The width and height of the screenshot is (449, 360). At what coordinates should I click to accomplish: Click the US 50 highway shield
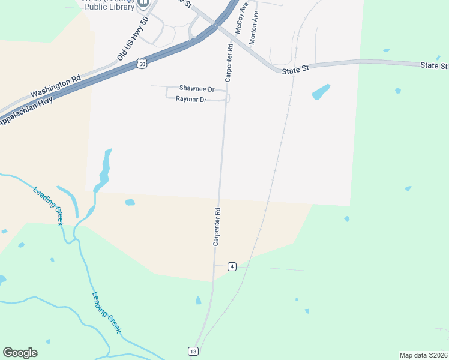click(140, 63)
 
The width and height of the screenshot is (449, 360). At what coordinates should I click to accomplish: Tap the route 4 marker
click(231, 266)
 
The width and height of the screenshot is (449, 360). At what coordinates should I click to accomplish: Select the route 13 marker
click(193, 351)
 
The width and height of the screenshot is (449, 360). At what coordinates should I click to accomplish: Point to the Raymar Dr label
click(191, 100)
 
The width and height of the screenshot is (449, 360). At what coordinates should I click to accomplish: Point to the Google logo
click(20, 353)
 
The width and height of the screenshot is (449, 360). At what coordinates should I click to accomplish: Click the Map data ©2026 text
click(423, 355)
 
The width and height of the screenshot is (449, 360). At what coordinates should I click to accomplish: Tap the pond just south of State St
click(321, 92)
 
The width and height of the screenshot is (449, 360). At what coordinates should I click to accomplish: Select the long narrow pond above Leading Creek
click(106, 168)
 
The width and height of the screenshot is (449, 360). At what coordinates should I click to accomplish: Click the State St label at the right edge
click(433, 65)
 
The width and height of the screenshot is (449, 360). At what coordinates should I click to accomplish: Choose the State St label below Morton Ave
click(295, 69)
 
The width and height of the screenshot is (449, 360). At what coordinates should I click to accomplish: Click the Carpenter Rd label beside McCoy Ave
click(229, 62)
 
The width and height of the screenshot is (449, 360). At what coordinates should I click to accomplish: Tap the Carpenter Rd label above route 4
click(217, 227)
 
